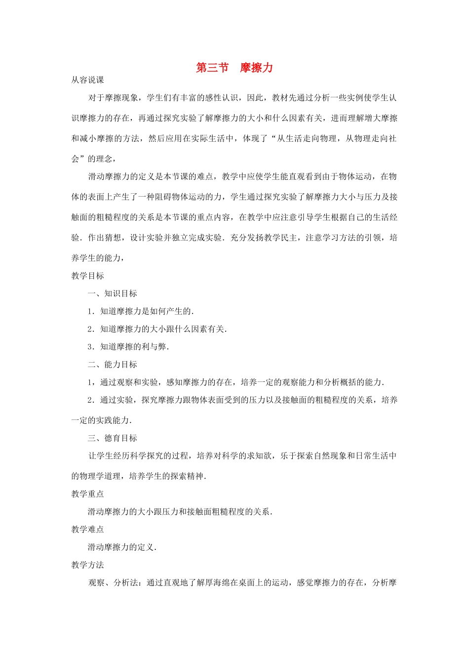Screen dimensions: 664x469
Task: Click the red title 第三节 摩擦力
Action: pos(234,68)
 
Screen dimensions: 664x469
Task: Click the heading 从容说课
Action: pos(87,80)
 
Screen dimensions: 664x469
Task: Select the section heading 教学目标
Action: pos(87,276)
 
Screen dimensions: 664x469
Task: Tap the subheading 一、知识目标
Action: pos(113,293)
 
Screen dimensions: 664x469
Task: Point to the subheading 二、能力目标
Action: pos(113,365)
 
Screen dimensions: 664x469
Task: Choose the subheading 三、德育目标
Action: pos(113,438)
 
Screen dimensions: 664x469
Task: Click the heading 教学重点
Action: pos(87,494)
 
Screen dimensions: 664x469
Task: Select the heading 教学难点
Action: pos(87,530)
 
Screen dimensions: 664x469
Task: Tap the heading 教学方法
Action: pos(87,565)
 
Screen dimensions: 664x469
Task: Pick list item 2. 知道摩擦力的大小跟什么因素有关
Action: pos(157,329)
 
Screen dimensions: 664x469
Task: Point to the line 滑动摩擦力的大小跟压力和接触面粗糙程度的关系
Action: pos(180,512)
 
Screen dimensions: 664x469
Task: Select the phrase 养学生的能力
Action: pos(96,258)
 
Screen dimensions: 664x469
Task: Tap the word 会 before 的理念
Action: pos(75,159)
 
